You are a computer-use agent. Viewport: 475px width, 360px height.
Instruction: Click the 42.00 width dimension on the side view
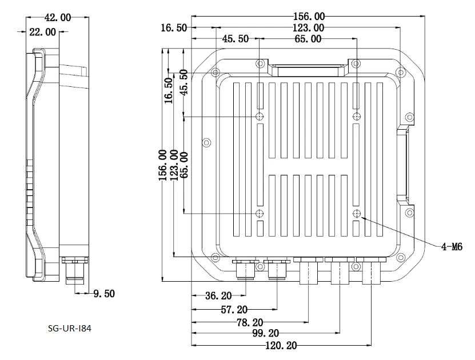tap(58, 18)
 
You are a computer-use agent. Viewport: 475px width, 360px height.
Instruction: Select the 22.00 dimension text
tap(42, 32)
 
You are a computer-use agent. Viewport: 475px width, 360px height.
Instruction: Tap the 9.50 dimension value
tap(104, 294)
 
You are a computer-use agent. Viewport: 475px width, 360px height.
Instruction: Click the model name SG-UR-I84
tap(69, 328)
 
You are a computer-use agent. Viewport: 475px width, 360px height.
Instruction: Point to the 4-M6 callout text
tap(452, 247)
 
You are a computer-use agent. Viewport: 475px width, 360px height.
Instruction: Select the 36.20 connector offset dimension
tap(218, 295)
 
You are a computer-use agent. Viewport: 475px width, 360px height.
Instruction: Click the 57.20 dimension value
tap(234, 310)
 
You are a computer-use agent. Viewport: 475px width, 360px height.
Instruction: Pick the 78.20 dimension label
tap(250, 323)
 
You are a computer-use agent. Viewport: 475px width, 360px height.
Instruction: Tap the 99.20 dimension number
tap(266, 333)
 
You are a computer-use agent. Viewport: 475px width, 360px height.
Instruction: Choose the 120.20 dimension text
tap(281, 346)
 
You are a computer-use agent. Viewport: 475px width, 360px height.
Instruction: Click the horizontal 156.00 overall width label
tap(309, 17)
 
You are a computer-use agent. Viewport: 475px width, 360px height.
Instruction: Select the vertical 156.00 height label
tap(163, 165)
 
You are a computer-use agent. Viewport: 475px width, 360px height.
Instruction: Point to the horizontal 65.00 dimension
tap(308, 39)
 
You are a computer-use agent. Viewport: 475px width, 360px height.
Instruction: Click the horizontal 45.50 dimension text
tap(235, 39)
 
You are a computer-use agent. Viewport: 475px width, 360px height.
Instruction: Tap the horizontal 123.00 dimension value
tap(309, 28)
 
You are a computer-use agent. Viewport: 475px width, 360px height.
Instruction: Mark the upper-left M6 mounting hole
tap(260, 116)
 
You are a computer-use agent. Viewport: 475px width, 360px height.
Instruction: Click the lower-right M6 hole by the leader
tap(357, 214)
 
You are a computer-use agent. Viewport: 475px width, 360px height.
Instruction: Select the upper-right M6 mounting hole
tap(357, 116)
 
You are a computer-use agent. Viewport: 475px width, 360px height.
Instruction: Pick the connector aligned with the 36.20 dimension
tap(246, 269)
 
